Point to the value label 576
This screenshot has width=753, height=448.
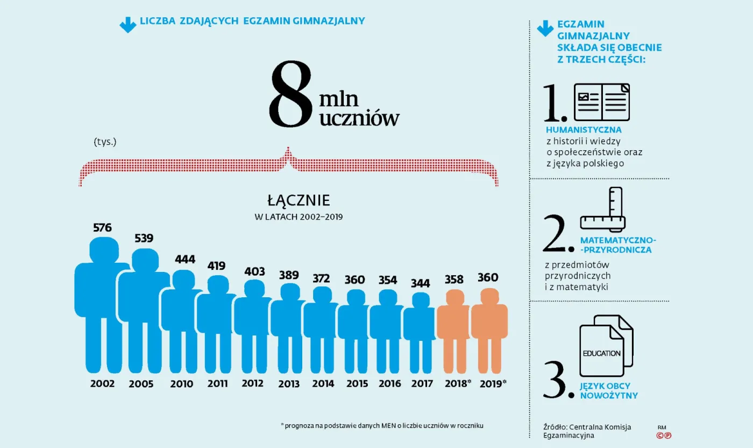tap(102, 228)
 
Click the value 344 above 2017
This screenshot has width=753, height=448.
tap(421, 283)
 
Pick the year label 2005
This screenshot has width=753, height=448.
tap(141, 384)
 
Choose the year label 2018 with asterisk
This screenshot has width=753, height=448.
tap(458, 383)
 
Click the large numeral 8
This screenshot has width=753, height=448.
tap(291, 94)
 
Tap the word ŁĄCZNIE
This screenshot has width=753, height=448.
tap(299, 201)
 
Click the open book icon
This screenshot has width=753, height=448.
tap(601, 102)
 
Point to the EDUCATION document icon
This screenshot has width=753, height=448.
tap(605, 347)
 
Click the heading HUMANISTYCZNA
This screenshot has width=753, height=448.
tap(584, 130)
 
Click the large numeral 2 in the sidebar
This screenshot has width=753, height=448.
tap(558, 235)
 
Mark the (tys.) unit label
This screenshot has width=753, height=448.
tap(105, 142)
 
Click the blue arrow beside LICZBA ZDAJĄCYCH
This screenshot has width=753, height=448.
tap(127, 24)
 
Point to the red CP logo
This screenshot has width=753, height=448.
tap(664, 436)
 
